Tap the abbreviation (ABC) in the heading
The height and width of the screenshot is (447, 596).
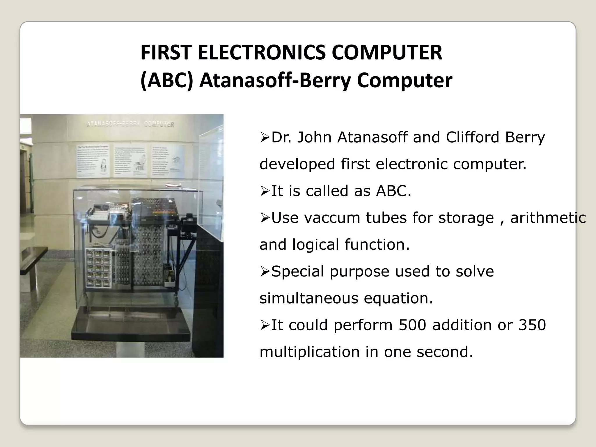pyautogui.click(x=166, y=81)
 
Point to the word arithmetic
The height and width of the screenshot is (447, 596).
pyautogui.click(x=548, y=218)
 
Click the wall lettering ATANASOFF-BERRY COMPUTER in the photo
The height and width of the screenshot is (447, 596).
pyautogui.click(x=130, y=124)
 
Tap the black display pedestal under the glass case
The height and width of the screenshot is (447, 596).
pyautogui.click(x=131, y=323)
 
